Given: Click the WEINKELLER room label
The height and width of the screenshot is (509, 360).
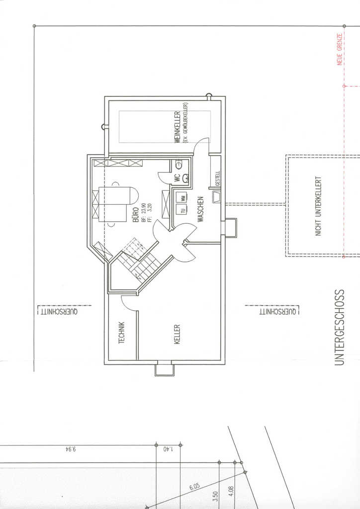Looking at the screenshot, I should point(177,128).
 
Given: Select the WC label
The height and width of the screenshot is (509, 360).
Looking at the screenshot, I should point(177,177).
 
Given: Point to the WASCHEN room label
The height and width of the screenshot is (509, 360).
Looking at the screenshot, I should point(200,209).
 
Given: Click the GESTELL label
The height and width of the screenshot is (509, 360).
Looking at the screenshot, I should point(217,179).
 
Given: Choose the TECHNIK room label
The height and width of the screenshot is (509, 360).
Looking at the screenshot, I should point(121,333).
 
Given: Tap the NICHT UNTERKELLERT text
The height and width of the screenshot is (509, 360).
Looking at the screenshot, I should point(319,205).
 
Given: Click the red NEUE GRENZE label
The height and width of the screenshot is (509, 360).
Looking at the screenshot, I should point(340,49).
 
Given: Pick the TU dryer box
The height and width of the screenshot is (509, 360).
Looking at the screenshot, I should point(182,211).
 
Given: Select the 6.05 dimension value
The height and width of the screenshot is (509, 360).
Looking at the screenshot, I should point(194,486).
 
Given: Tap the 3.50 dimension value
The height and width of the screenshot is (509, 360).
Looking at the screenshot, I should point(215,496).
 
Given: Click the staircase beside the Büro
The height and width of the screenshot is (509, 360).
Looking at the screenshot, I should point(141,261).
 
